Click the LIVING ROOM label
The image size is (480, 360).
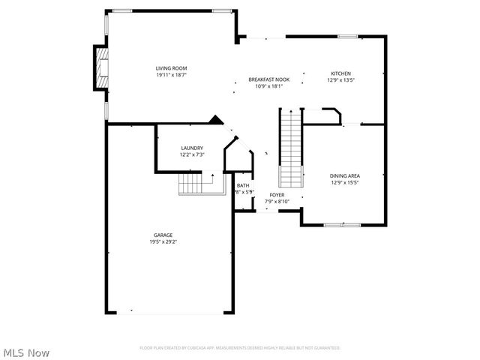coord(171,68)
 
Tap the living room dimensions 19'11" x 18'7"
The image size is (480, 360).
coord(171,75)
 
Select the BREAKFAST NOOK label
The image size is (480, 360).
coord(269,79)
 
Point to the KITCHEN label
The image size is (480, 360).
coord(340,73)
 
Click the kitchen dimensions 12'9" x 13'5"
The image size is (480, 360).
coord(340,80)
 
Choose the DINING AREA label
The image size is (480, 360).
coord(345,175)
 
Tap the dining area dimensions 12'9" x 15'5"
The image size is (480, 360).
coord(345,182)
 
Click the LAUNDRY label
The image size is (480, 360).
coord(192,148)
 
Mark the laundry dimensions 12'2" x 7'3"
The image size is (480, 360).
coord(192,154)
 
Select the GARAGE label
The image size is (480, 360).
coord(163,235)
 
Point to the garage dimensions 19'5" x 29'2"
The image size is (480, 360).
coord(163,242)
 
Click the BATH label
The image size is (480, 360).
coord(243,185)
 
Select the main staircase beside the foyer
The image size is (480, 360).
coord(290,148)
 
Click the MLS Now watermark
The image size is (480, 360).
coord(26,352)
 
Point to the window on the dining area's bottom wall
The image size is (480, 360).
coord(343,224)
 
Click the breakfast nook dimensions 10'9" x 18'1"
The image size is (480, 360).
coord(269,86)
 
